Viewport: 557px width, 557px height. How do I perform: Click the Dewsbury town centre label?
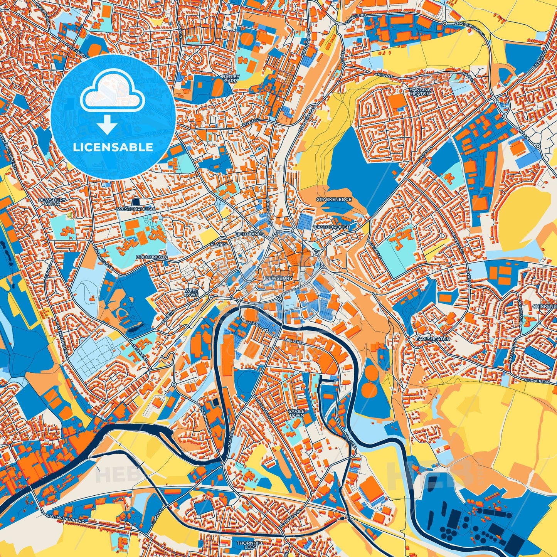(x=276, y=278)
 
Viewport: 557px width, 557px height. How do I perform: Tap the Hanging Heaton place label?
(x=420, y=92)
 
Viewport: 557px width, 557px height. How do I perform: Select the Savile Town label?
(x=296, y=414)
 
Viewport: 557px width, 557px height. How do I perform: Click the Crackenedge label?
(x=334, y=199)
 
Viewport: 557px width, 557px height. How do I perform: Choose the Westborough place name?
(x=135, y=209)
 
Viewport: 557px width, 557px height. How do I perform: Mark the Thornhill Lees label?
(x=250, y=545)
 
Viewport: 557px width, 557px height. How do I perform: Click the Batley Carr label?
(x=232, y=79)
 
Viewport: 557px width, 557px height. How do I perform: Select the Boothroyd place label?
(x=151, y=257)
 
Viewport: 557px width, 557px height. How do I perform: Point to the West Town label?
(x=192, y=293)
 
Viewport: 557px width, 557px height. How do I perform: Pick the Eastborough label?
(x=332, y=227)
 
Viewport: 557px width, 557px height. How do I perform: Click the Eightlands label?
(x=250, y=234)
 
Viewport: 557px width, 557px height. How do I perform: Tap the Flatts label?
(x=219, y=244)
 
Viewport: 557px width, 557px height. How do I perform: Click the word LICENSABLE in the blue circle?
(x=113, y=147)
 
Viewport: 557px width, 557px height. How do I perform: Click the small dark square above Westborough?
(x=136, y=201)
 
